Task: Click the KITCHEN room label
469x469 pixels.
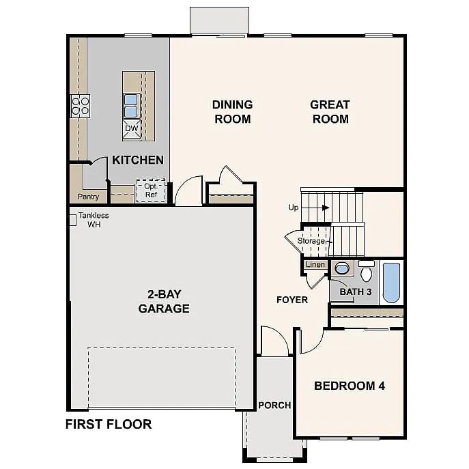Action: coord(138,160)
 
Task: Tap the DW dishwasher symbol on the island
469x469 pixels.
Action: coord(131,128)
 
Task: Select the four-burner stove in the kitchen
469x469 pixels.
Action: coord(80,105)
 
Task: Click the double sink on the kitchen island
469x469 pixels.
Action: coord(131,105)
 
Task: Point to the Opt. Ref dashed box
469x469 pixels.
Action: coord(150,190)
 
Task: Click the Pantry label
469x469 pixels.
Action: coord(88,197)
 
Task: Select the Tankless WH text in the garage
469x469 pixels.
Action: coord(94,220)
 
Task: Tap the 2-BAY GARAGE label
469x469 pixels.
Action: coord(163,301)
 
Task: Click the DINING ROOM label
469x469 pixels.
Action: coord(232,112)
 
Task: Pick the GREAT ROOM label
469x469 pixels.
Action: coord(330,112)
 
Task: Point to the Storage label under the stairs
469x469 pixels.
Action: coord(311,241)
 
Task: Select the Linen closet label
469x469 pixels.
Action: coord(315,264)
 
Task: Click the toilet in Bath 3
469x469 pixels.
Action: coord(366,272)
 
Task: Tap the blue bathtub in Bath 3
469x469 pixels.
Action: coord(390,283)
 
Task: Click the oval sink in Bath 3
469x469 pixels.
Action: coord(342,268)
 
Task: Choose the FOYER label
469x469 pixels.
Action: coord(292,300)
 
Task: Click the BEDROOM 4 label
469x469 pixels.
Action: coord(349,386)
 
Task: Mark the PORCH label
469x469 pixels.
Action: coord(274,406)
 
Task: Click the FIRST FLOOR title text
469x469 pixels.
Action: coord(108,424)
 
